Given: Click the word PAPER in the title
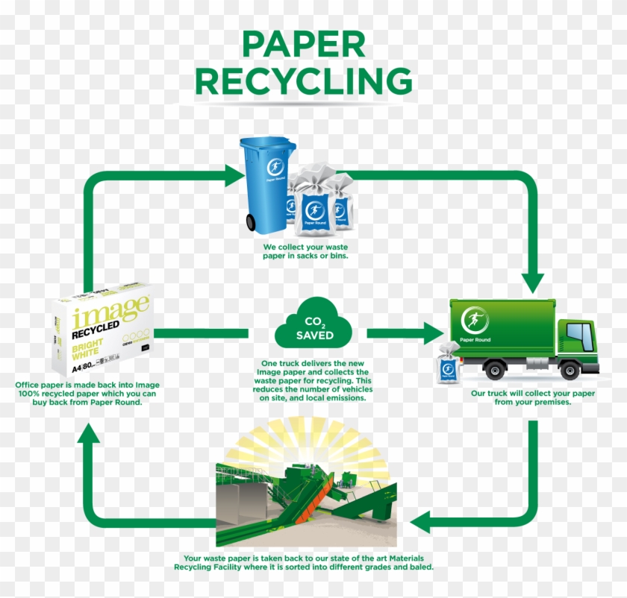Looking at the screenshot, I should (303, 45).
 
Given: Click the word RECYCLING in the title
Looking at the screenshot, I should (303, 81).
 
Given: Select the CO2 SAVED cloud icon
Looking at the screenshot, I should (313, 324).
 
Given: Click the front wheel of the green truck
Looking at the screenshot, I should (570, 369).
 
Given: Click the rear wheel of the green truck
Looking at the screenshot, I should (494, 368).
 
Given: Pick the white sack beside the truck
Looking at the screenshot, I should (449, 363).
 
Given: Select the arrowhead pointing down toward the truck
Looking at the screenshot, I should (533, 281).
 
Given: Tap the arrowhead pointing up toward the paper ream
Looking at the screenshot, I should (90, 435).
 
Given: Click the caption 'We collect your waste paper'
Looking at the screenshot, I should (305, 251).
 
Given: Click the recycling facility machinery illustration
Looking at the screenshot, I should (306, 496).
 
